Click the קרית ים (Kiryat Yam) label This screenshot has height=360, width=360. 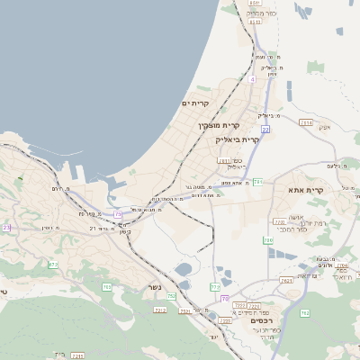195,104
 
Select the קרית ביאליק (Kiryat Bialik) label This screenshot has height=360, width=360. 238,139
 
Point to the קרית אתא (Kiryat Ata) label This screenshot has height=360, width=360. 305,191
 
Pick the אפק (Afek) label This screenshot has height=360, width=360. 325,127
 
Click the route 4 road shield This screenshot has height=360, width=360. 253,79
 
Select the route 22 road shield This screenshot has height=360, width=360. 265,130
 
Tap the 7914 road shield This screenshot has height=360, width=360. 306,122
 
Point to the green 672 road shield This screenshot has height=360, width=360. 53,265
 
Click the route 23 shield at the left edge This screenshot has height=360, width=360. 6,229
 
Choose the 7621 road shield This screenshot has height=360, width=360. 287,282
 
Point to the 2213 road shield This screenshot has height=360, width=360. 160,310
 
